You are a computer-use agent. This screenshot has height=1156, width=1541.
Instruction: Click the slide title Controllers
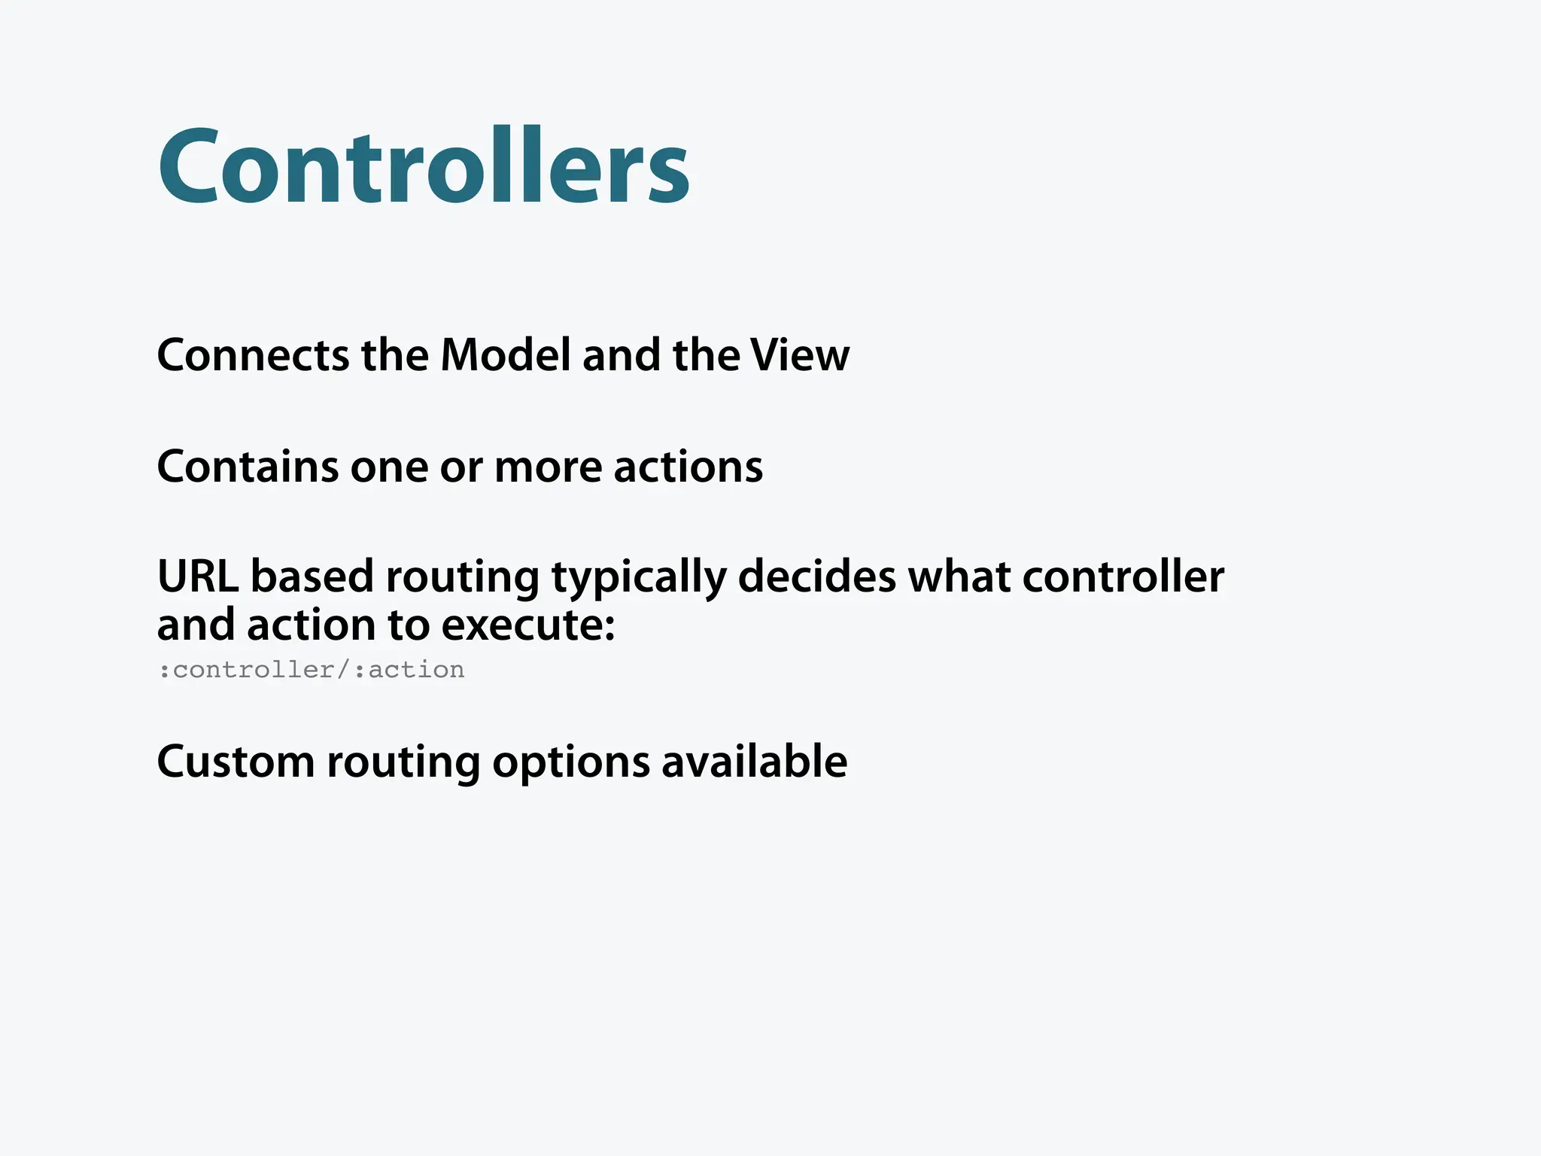click(424, 166)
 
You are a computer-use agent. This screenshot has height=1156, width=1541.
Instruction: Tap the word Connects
click(253, 355)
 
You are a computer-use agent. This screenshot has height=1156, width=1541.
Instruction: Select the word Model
click(506, 355)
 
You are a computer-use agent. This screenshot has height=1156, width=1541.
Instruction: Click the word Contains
click(248, 467)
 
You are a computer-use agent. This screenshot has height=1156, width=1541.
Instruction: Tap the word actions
click(688, 467)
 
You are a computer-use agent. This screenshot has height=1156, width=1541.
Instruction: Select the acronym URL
click(197, 576)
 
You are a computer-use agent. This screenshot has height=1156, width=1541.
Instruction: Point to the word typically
click(639, 578)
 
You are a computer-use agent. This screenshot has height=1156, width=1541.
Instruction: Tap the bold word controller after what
click(1123, 576)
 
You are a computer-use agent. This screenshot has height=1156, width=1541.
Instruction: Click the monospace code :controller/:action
click(312, 670)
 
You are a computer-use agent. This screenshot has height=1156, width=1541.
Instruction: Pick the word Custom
click(236, 762)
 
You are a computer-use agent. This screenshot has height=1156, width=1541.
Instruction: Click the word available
click(754, 762)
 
